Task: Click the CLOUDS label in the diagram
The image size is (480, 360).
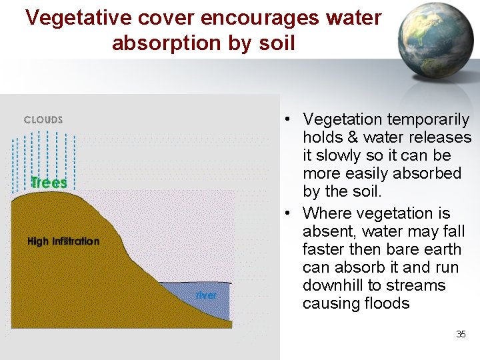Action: click(x=43, y=120)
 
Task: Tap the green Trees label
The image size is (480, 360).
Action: click(x=49, y=182)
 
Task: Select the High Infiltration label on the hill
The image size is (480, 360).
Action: click(x=63, y=241)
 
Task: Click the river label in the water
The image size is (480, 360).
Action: click(x=206, y=295)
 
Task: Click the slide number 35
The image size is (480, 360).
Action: click(x=461, y=334)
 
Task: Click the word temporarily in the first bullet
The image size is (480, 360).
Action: click(x=429, y=120)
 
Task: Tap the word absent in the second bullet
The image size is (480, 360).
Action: click(x=325, y=232)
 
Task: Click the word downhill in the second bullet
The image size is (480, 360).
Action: click(x=333, y=285)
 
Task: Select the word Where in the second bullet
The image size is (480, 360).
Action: click(x=327, y=214)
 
